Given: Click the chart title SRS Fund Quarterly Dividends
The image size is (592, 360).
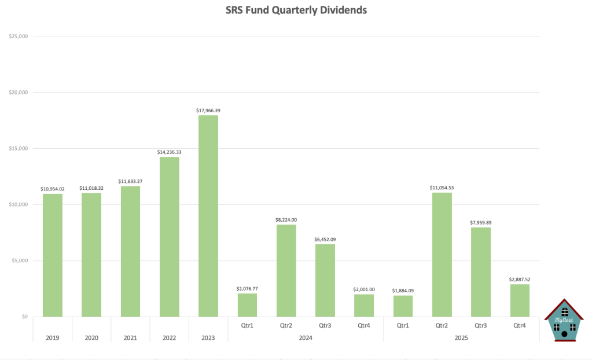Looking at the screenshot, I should click(295, 10).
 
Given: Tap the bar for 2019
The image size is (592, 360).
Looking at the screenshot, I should click(53, 255).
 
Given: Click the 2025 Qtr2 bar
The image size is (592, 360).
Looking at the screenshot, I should click(442, 255).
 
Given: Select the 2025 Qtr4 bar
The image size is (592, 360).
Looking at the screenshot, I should click(520, 300).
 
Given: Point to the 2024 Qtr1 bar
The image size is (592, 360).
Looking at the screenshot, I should click(247, 305).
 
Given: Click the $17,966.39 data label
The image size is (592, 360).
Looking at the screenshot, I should click(208, 110).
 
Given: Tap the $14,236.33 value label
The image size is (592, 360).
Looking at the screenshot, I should click(170, 152).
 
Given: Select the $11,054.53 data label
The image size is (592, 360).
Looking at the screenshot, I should click(442, 188).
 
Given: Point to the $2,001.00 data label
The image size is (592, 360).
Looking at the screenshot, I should click(364, 289).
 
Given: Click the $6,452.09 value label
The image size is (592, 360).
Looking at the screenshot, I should click(325, 239).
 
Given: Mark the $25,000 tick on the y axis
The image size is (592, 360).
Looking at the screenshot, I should click(19, 36).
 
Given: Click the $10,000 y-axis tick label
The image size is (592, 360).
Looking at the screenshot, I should click(19, 205).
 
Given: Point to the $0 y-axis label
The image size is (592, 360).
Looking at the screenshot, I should click(24, 317).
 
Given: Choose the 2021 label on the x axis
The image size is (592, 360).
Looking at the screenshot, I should click(130, 337).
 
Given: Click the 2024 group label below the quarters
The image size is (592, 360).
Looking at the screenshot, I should click(306, 337).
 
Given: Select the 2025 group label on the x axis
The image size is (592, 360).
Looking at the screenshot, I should click(461, 337).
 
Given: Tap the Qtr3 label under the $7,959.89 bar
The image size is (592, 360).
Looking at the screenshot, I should click(481, 325).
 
